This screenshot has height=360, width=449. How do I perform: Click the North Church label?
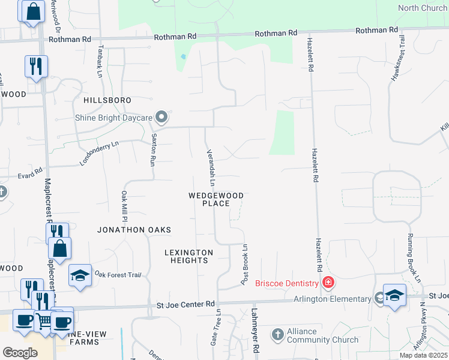[x=423, y=8]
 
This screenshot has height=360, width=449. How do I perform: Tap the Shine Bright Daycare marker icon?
[x=161, y=116]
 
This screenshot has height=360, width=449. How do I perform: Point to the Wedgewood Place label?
[x=216, y=199]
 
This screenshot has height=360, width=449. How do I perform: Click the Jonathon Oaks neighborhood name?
[x=134, y=230]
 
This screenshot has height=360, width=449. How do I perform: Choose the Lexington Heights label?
[x=188, y=256]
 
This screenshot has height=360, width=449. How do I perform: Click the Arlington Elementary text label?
[x=332, y=299]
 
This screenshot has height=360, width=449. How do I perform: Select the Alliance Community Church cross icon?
[x=277, y=334]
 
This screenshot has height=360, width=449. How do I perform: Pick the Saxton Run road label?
[x=153, y=151]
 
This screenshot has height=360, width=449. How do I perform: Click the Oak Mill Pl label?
[x=124, y=206]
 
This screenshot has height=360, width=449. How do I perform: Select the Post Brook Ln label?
[x=245, y=265]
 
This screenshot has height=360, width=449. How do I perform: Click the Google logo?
[x=20, y=353]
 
